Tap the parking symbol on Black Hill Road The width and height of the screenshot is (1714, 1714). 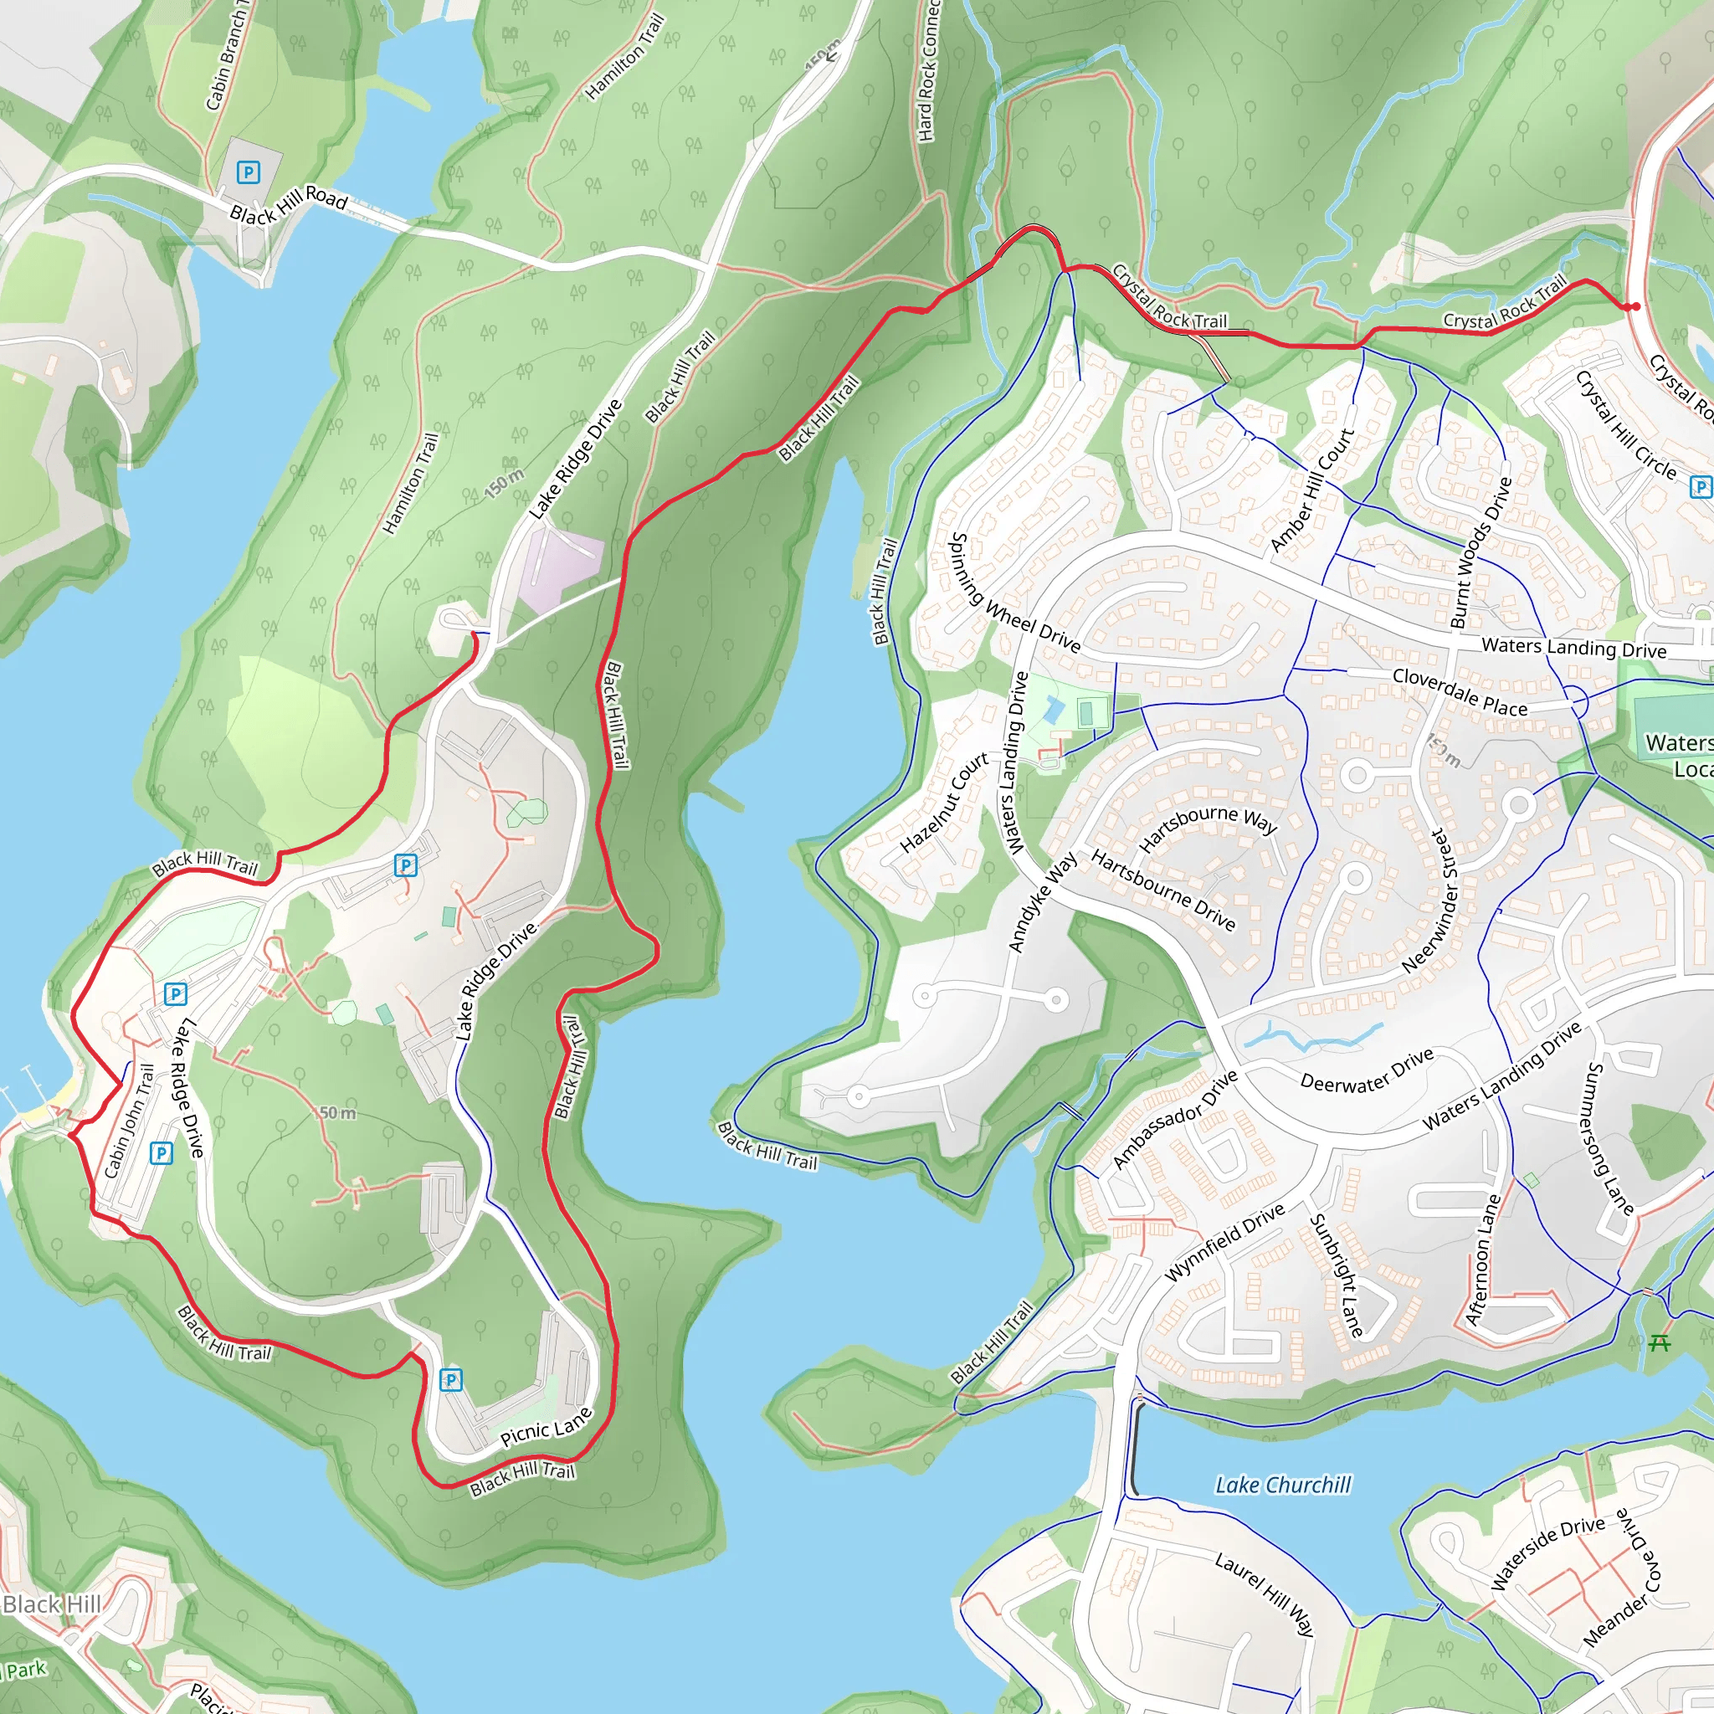tap(249, 172)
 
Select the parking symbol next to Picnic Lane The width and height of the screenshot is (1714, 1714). tap(452, 1379)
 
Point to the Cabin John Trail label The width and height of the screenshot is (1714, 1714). tap(131, 1121)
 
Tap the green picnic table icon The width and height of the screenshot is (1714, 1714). tap(1658, 1343)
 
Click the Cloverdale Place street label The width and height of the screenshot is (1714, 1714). tap(1460, 692)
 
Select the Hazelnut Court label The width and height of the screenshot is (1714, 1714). tap(944, 803)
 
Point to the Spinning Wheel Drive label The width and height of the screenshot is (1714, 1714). tap(1015, 593)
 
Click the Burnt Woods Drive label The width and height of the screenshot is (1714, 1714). tap(1480, 552)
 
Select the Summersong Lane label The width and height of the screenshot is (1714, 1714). tap(1608, 1138)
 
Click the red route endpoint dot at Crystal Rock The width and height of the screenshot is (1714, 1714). tap(1635, 307)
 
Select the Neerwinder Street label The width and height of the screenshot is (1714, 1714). tap(1430, 900)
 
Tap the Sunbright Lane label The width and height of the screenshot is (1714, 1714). tap(1336, 1275)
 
